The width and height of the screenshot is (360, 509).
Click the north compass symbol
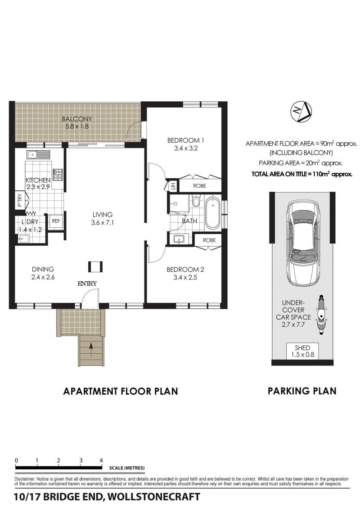pyautogui.click(x=301, y=112)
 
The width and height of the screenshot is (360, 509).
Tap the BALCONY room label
pyautogui.click(x=77, y=119)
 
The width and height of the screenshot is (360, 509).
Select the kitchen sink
pyautogui.click(x=39, y=155)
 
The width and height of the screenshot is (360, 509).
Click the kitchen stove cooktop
pyautogui.click(x=58, y=174)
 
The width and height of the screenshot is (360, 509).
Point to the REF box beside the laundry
pyautogui.click(x=56, y=221)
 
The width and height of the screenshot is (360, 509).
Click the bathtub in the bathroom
pyautogui.click(x=212, y=212)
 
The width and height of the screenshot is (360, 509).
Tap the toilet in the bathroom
pyautogui.click(x=196, y=201)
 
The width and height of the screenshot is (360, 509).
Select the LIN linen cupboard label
pyautogui.click(x=173, y=186)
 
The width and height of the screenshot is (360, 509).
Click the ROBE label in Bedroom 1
pyautogui.click(x=199, y=186)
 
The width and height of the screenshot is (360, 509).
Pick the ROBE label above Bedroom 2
pyautogui.click(x=209, y=240)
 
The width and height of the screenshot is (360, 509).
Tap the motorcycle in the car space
pyautogui.click(x=321, y=314)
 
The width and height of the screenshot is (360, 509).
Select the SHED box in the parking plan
pyautogui.click(x=302, y=351)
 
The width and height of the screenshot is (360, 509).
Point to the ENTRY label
pyautogui.click(x=87, y=284)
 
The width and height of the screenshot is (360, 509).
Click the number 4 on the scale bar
pyautogui.click(x=101, y=460)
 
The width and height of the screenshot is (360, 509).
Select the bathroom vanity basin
pyautogui.click(x=179, y=239)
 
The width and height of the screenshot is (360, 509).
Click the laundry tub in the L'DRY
pyautogui.click(x=23, y=239)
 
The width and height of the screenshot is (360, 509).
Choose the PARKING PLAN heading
pyautogui.click(x=302, y=391)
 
